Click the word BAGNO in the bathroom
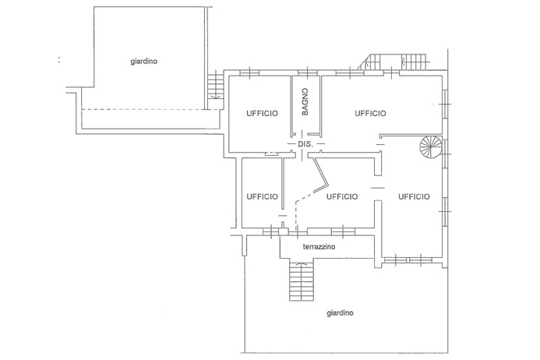pos(305,101)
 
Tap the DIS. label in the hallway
pos(305,144)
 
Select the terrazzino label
pos(319,247)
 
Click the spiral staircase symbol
pos(431,146)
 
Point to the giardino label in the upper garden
pos(144,62)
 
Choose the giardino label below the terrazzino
pos(340,313)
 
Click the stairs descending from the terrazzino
pos(302,281)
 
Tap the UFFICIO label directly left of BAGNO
pos(262,113)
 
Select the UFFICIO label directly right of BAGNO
pos(371,113)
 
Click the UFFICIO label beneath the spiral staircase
pos(414,196)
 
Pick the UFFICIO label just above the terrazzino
pos(342,196)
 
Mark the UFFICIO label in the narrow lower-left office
pos(262,196)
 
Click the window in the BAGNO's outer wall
pos(307,72)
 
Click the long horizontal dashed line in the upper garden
pos(151,110)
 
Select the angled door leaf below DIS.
pos(321,175)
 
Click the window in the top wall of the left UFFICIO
pos(249,72)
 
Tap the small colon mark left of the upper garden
pos(59,60)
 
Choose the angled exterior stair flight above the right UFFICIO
pos(370,62)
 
